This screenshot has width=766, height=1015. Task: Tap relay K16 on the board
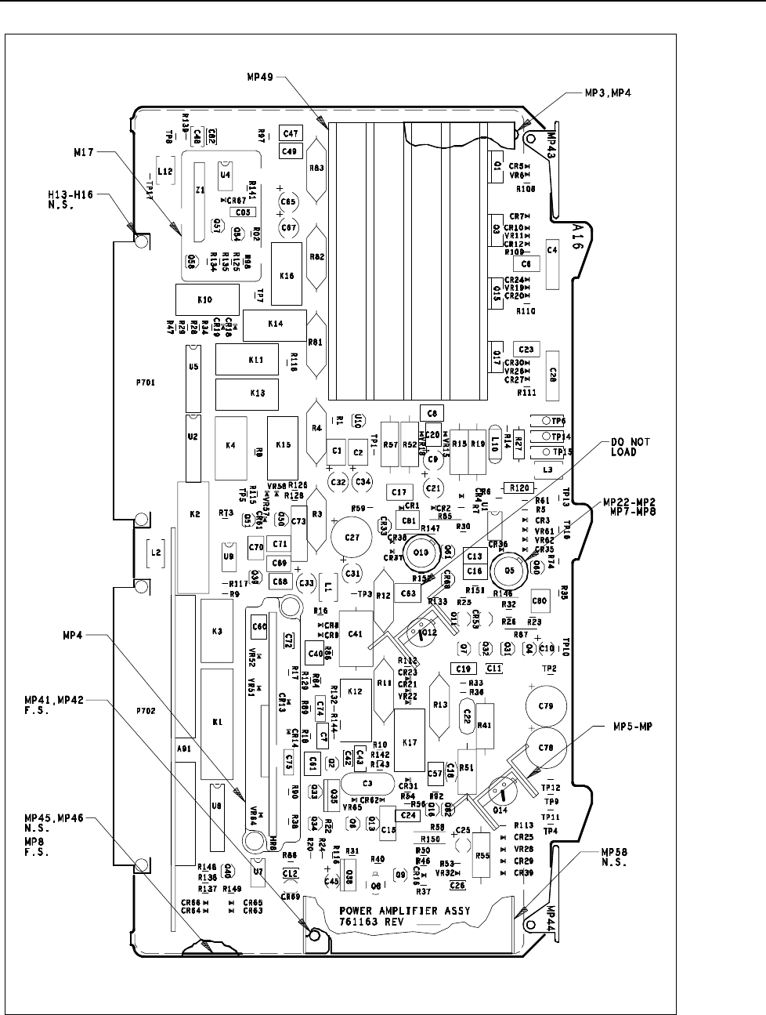click(x=287, y=276)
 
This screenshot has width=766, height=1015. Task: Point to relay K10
click(x=206, y=299)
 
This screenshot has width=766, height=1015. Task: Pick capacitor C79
click(x=546, y=706)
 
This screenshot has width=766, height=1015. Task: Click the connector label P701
click(x=146, y=385)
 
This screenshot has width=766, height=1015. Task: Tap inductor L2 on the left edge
click(x=156, y=553)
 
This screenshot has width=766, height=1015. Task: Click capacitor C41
click(x=355, y=633)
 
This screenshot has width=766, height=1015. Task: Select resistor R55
click(x=482, y=856)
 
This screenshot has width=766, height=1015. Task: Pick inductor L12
click(x=165, y=171)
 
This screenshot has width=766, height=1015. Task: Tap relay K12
click(x=354, y=692)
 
